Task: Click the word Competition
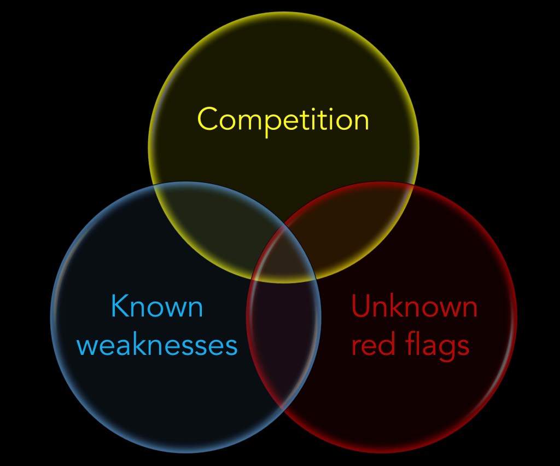[x=283, y=119]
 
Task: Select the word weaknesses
[x=161, y=346]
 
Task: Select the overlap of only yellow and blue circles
[x=219, y=219]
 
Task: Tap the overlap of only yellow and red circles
[x=350, y=219]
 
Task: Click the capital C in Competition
[x=208, y=119]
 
